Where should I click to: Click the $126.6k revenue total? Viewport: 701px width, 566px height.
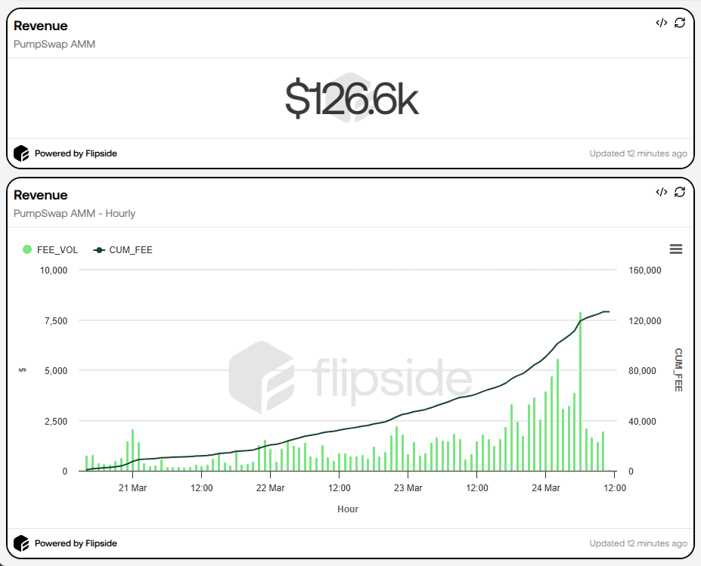[352, 99]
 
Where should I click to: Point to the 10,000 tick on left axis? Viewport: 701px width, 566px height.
[54, 271]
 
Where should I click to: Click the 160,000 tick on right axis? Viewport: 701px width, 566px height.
[645, 271]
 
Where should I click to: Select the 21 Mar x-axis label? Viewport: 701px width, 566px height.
[133, 488]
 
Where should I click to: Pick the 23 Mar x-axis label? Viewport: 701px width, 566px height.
[408, 488]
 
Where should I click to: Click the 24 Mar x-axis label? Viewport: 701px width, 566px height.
[546, 488]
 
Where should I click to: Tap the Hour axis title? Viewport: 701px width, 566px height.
[348, 509]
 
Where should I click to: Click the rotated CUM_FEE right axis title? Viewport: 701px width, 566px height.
[678, 370]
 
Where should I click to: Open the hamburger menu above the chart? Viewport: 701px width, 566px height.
[676, 249]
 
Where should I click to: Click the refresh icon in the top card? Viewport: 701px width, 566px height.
[680, 23]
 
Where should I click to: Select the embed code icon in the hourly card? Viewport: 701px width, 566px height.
[661, 192]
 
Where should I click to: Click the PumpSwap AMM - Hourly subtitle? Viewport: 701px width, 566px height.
[74, 213]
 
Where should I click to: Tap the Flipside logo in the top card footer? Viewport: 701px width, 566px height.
[21, 153]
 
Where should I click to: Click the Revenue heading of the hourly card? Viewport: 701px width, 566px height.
[41, 195]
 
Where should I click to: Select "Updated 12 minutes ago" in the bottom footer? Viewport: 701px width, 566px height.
[638, 543]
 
